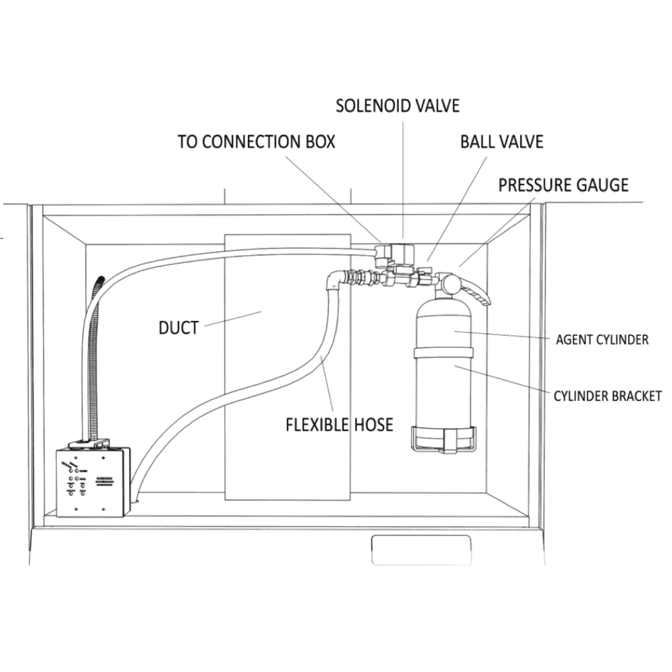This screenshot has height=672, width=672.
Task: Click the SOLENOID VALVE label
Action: (x=397, y=105)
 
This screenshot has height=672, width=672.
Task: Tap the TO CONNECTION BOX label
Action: (x=256, y=142)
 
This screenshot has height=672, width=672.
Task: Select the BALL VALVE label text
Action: (x=501, y=142)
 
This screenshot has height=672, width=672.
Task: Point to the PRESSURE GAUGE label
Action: (x=563, y=184)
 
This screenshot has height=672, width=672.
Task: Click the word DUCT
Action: (x=178, y=328)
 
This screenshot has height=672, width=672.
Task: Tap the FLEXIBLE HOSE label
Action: (x=339, y=424)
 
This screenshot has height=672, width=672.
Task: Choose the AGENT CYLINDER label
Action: (x=601, y=340)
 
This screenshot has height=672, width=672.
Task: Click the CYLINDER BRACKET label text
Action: (x=607, y=396)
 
